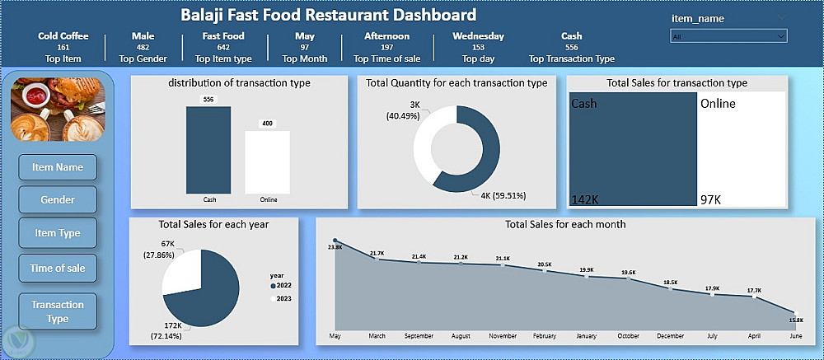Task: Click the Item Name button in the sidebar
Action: (x=58, y=167)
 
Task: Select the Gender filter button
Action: (x=58, y=199)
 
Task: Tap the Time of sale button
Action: (x=58, y=268)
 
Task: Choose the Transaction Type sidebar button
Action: (x=58, y=311)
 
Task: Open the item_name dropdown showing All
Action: (x=728, y=36)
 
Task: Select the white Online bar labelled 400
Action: (x=268, y=161)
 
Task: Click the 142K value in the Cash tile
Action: (x=584, y=200)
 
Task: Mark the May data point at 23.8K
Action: (x=335, y=241)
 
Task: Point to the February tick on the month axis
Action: (x=544, y=336)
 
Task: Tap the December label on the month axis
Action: (x=670, y=336)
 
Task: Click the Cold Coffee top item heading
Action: (x=63, y=36)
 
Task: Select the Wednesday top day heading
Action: (x=478, y=36)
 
